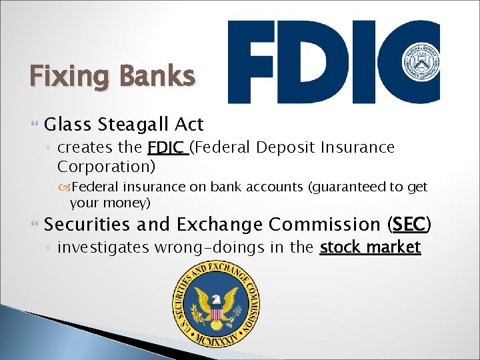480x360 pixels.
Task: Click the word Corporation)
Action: point(106,165)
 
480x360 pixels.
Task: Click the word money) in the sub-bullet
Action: point(129,201)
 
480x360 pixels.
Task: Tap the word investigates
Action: point(103,248)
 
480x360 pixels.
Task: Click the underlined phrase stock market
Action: point(370,248)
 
